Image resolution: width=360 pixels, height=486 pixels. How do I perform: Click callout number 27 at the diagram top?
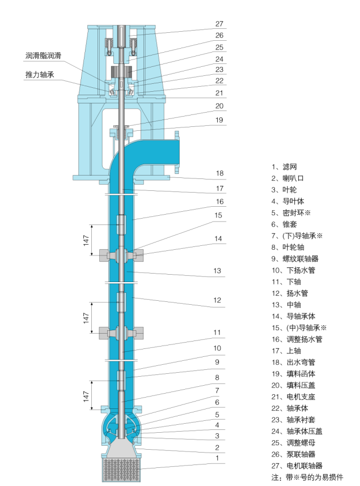(219, 24)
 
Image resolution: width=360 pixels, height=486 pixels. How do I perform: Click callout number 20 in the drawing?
(219, 105)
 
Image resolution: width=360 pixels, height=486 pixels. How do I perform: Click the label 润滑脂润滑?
(43, 56)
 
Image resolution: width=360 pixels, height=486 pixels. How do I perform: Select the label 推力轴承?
(39, 75)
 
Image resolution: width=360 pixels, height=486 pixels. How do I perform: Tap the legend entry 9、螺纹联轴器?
(295, 259)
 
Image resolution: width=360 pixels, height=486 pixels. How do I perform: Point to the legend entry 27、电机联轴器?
(297, 466)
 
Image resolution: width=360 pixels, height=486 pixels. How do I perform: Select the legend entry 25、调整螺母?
(293, 442)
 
